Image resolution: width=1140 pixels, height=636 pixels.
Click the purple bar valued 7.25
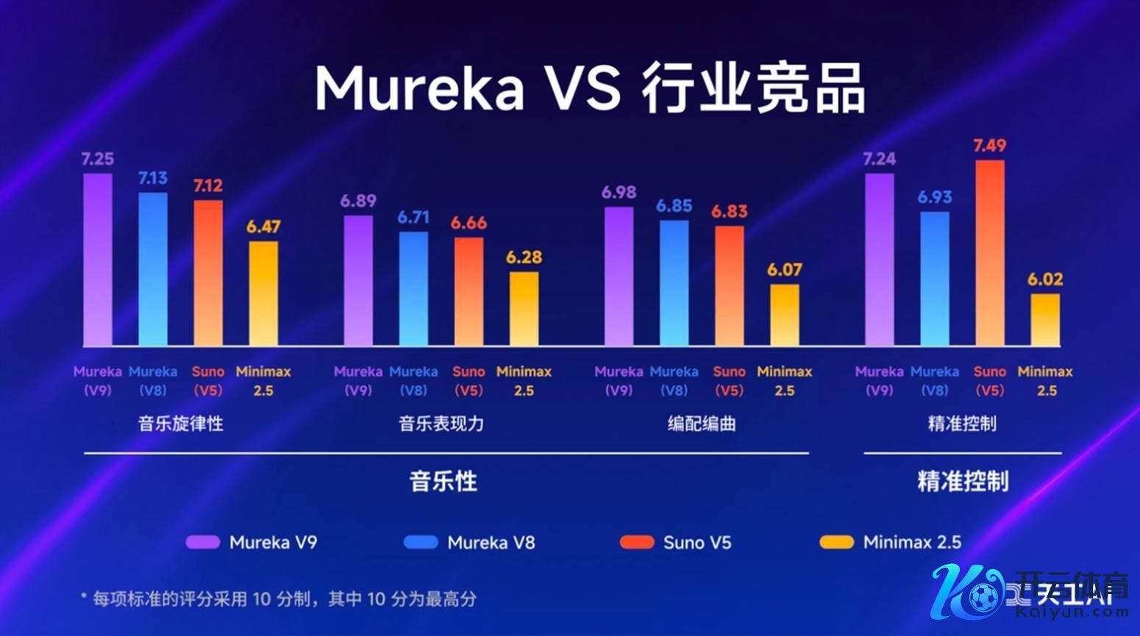[x=98, y=260]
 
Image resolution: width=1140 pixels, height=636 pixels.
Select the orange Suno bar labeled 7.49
[x=989, y=253]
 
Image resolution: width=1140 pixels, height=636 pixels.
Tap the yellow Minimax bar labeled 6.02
[x=1045, y=320]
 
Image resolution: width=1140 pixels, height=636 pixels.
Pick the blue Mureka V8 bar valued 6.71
[x=413, y=288]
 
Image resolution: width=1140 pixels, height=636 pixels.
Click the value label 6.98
[x=619, y=193]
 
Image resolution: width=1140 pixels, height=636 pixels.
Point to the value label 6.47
[x=263, y=227]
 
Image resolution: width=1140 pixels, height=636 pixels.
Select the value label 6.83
[x=729, y=212]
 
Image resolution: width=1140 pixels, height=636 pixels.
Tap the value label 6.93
[x=934, y=197]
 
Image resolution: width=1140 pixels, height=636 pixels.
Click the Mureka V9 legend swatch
[x=203, y=543]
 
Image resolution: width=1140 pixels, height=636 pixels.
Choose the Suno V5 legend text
[x=697, y=543]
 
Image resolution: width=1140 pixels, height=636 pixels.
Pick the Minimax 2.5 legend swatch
[x=837, y=543]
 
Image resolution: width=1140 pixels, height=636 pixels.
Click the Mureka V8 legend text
[x=491, y=543]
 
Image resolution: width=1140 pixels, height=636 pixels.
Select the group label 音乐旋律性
[x=181, y=424]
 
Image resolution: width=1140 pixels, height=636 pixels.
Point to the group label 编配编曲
[x=702, y=424]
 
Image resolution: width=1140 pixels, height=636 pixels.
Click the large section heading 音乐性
[x=443, y=482]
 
